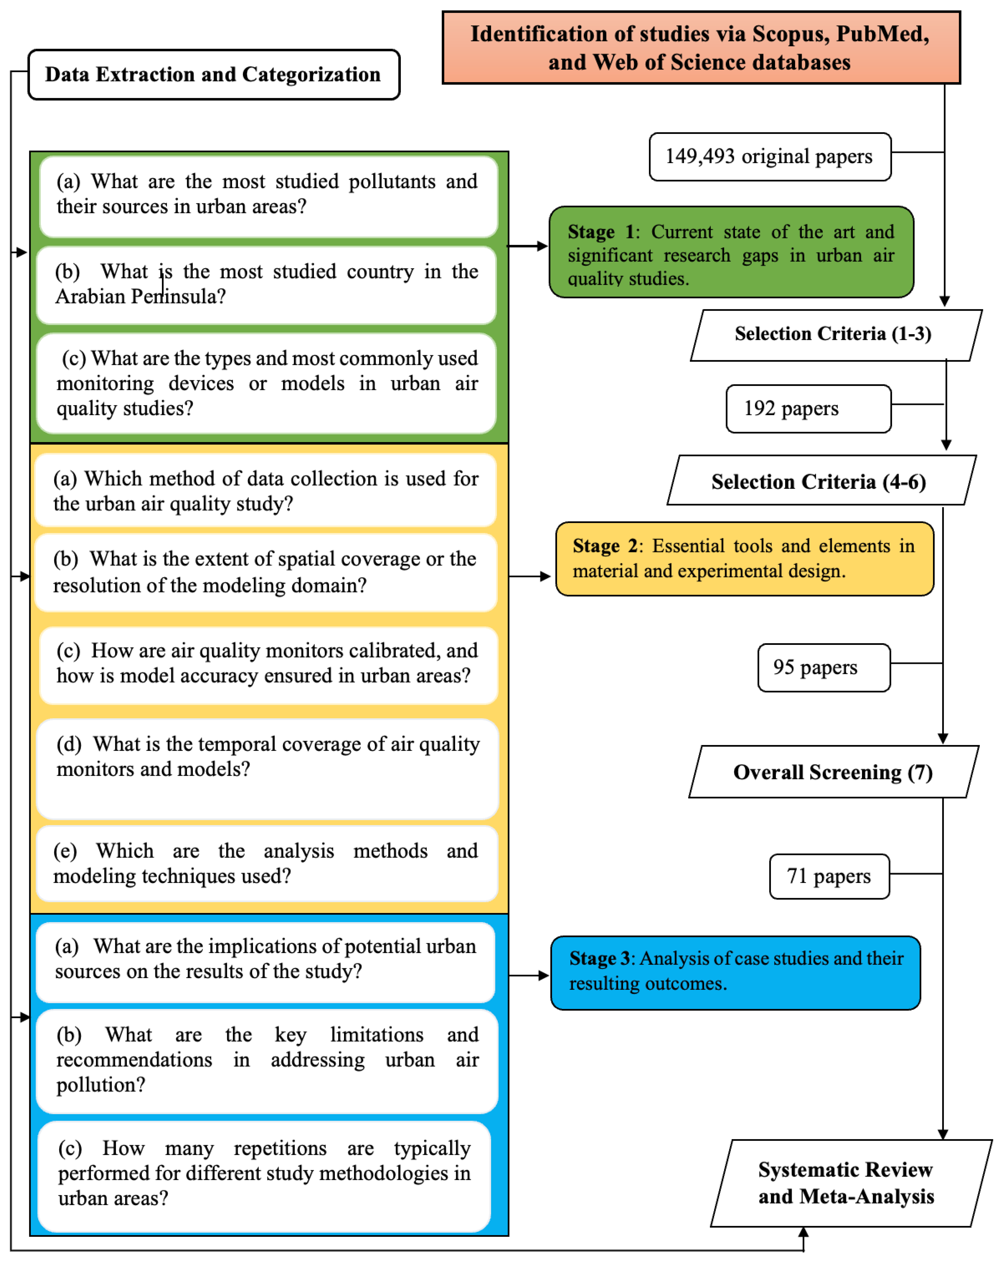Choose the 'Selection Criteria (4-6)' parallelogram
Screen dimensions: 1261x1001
coord(821,481)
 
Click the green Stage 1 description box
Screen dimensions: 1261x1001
coord(730,253)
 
